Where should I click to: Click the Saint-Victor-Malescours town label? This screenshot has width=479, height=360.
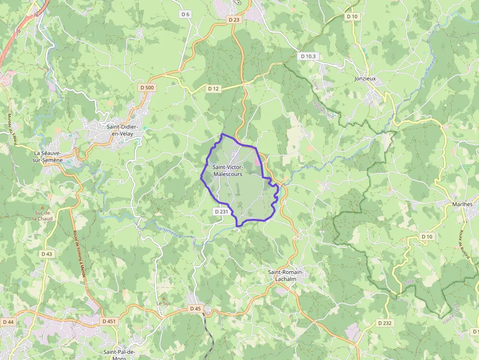click(227, 170)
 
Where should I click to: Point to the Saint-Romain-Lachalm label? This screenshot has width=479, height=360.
click(286, 275)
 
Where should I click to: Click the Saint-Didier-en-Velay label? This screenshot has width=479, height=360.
click(123, 130)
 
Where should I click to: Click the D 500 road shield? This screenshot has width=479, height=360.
click(147, 87)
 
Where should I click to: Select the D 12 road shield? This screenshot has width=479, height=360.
click(213, 88)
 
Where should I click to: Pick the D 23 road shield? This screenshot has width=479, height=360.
click(234, 20)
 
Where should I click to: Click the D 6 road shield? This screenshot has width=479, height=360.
click(185, 14)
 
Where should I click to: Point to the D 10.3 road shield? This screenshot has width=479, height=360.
click(308, 56)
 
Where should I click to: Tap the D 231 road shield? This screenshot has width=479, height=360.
click(221, 212)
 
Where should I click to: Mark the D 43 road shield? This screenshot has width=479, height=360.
click(47, 254)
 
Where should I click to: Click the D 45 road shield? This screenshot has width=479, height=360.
click(195, 309)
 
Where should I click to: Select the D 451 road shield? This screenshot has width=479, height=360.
click(109, 321)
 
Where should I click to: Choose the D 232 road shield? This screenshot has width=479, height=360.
click(385, 323)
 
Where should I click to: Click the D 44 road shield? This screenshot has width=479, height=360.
click(8, 322)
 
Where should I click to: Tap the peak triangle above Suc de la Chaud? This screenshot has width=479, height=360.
click(42, 208)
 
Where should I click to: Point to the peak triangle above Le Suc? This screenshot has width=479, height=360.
click(163, 297)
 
